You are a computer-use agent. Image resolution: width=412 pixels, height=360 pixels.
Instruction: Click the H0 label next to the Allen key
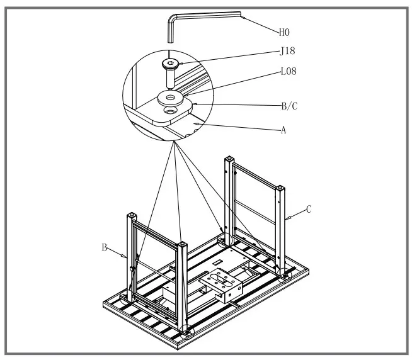pos(285,30)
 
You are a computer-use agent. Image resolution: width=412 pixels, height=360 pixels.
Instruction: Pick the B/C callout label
pos(289,106)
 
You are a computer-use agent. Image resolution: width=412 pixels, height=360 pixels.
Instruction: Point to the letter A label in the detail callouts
pos(283,130)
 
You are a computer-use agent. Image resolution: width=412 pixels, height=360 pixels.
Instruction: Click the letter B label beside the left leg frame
pos(105,247)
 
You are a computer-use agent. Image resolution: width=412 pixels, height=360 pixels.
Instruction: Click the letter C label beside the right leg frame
pos(309,208)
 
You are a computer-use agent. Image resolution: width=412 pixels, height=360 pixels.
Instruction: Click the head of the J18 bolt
pos(170,64)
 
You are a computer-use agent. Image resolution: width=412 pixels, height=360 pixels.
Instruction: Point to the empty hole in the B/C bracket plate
pos(169,110)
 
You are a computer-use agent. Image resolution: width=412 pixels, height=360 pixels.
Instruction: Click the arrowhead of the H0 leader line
pos(241,16)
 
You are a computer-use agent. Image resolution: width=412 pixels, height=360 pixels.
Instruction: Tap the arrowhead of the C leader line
pos(287,219)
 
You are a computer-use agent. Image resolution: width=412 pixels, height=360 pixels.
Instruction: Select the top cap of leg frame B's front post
pos(182,243)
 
